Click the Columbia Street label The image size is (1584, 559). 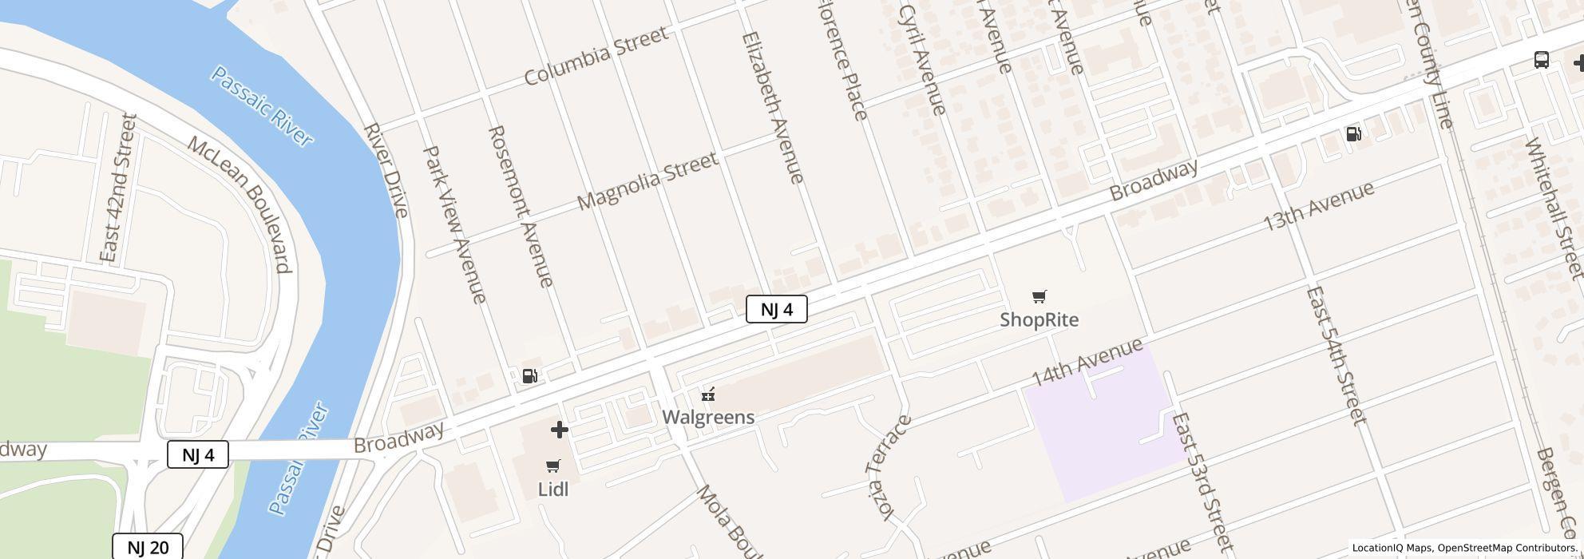tap(596, 56)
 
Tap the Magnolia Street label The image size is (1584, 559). tap(647, 181)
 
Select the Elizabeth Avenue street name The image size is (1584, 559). tap(773, 108)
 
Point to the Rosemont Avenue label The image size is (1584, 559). tap(521, 206)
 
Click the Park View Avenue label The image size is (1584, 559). tap(454, 224)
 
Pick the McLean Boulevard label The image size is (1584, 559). tap(240, 204)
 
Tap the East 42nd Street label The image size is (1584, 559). tap(119, 188)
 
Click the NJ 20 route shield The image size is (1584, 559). tap(148, 547)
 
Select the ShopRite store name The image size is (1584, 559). tap(1039, 320)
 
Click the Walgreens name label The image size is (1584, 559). tap(708, 417)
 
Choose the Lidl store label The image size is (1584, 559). tap(552, 490)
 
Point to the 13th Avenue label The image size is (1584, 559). tap(1318, 206)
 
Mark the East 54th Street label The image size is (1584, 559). tap(1336, 355)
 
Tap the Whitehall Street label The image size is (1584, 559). tap(1553, 208)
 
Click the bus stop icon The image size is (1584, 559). tap(1542, 60)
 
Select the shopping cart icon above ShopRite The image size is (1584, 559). tap(1039, 297)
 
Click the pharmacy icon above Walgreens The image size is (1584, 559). tap(707, 394)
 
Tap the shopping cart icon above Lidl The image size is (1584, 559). tap(552, 466)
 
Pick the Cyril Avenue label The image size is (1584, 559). tap(922, 60)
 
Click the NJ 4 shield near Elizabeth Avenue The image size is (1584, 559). tap(776, 309)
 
